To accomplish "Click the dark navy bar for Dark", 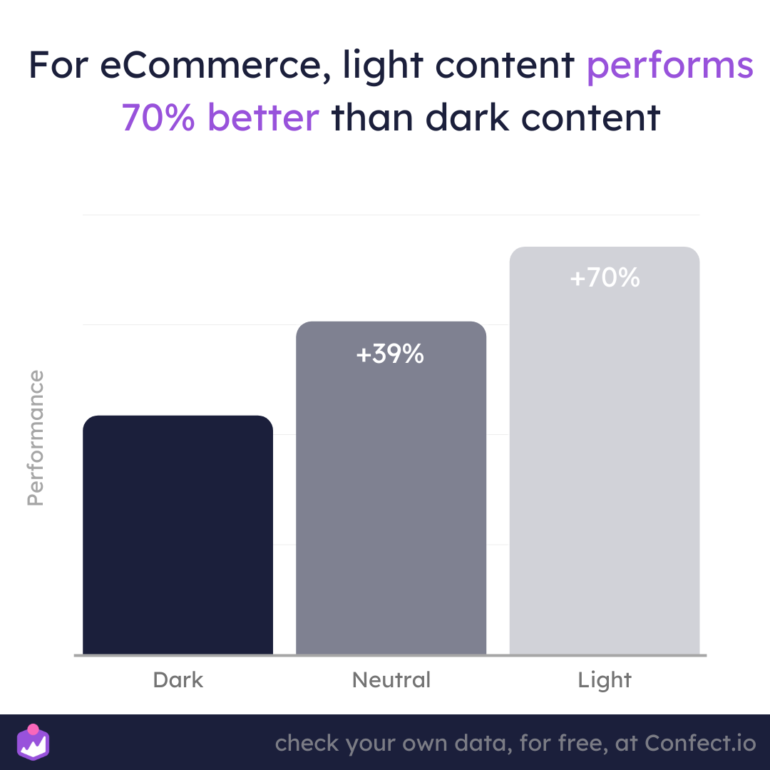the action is click(178, 535).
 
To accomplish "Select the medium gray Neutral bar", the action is click(391, 488).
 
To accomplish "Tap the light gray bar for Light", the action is click(605, 451).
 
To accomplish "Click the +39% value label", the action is click(390, 354).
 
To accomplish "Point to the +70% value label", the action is click(605, 277).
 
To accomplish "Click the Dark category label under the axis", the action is click(178, 680).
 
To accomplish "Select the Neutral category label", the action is click(391, 680).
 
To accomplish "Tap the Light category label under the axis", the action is click(605, 681).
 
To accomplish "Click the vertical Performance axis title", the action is click(36, 438).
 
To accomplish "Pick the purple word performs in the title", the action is click(669, 66).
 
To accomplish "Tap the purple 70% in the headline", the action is click(158, 118).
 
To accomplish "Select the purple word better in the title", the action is click(264, 118).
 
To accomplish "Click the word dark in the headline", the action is click(467, 118).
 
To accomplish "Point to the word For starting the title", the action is click(58, 65).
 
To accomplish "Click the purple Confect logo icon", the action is click(34, 742).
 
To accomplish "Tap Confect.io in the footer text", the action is click(700, 743).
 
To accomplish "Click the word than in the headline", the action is click(372, 118).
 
